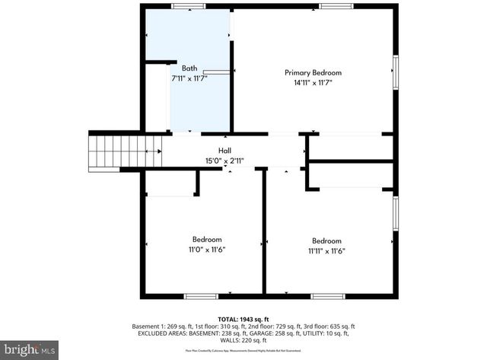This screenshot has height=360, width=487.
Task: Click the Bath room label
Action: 189,68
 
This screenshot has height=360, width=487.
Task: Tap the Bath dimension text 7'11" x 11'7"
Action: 189,78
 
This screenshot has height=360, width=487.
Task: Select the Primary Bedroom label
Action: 314,73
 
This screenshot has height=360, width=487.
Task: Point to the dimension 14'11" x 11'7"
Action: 314,83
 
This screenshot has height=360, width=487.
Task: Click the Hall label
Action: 225,150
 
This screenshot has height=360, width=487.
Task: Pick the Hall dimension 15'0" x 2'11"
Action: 225,160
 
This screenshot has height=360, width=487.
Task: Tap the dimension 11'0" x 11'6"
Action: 207,250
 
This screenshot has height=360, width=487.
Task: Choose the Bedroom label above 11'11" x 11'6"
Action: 326,241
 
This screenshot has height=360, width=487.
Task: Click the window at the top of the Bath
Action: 188,6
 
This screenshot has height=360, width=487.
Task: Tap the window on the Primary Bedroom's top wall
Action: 336,6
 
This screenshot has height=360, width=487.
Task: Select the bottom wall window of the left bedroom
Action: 202,296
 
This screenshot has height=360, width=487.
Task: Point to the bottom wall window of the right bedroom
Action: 328,296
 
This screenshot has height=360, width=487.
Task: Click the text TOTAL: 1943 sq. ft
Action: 243,319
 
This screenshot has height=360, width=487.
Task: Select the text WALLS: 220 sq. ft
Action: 243,340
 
